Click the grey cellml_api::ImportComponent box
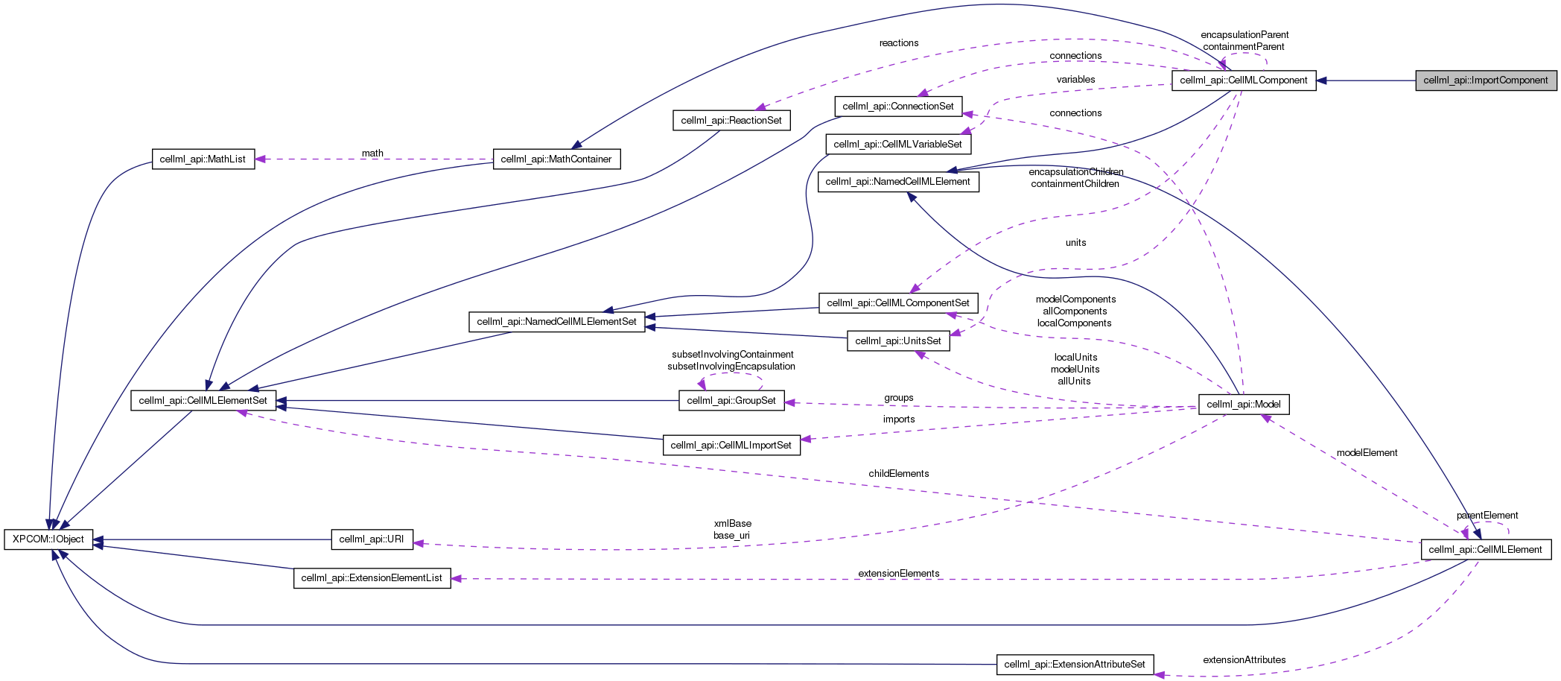[x=1485, y=80]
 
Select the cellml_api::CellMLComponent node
[x=1243, y=80]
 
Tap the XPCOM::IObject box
[x=48, y=539]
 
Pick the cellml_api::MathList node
[x=203, y=159]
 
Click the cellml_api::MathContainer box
[x=556, y=159]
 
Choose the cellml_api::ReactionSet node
[x=731, y=121]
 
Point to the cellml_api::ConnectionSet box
[x=897, y=107]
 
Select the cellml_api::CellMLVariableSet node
[x=897, y=145]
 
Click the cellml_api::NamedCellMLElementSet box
[x=556, y=322]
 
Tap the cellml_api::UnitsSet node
[x=897, y=341]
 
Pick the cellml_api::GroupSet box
[x=731, y=401]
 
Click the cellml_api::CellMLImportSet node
[x=731, y=446]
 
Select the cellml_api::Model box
[x=1243, y=405]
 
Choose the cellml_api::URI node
[x=371, y=539]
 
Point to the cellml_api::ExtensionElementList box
[x=371, y=578]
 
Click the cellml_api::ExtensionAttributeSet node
[x=1074, y=665]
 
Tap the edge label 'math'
[x=372, y=153]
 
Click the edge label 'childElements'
[x=898, y=474]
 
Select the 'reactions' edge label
[x=898, y=43]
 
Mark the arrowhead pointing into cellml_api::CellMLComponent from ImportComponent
[x=1322, y=80]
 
